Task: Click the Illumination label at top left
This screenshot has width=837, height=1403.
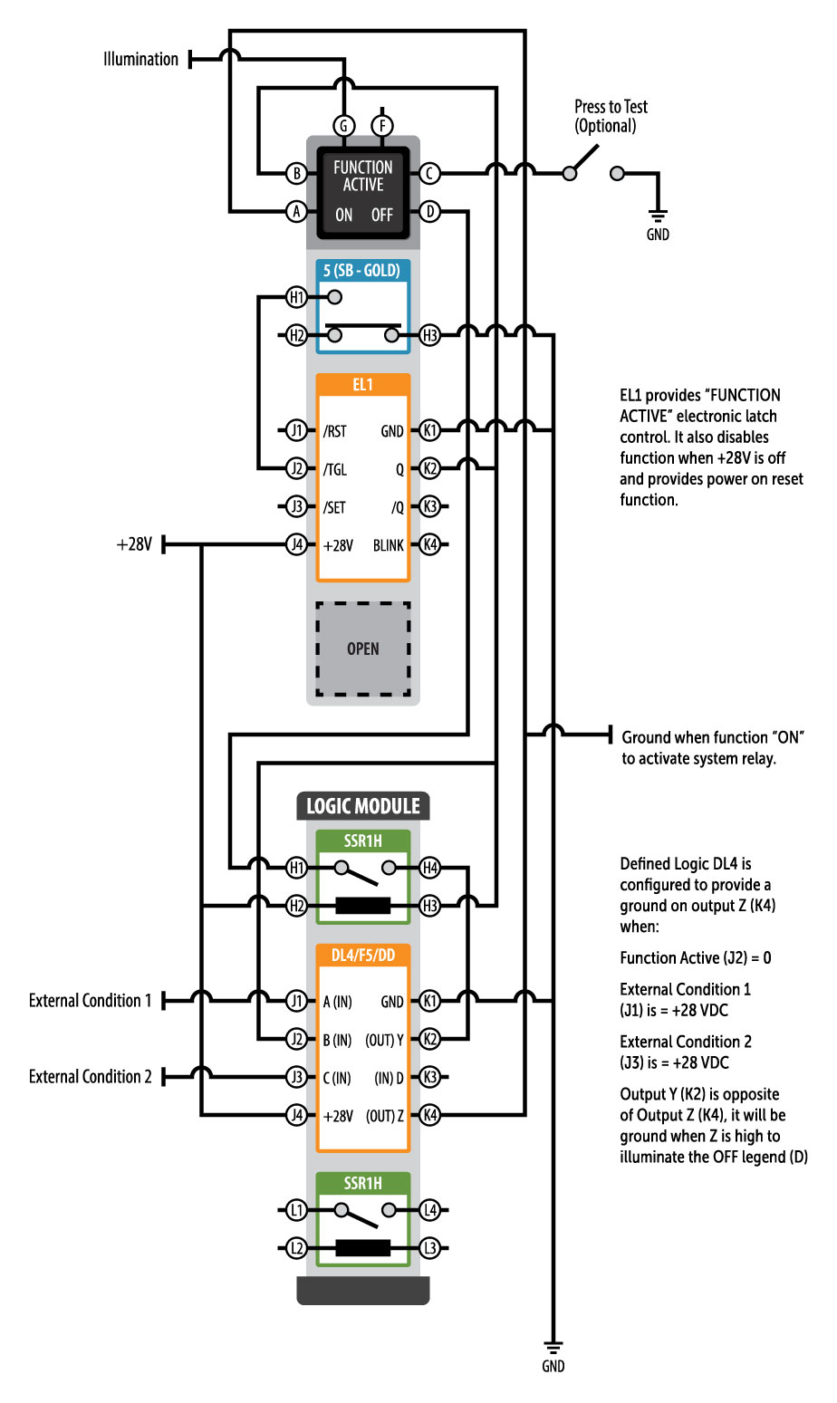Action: [x=140, y=60]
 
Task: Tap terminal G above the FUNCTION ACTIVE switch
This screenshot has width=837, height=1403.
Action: [x=344, y=126]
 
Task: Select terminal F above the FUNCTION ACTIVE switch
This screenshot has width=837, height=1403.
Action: [x=382, y=126]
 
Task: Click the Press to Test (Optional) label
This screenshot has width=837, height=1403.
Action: [x=611, y=117]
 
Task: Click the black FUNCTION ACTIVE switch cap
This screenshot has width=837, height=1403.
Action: [x=363, y=191]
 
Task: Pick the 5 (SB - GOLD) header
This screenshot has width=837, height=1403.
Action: [x=362, y=270]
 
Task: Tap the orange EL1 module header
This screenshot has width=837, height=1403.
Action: [x=362, y=385]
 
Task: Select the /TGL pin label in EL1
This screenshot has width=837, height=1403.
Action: [x=335, y=469]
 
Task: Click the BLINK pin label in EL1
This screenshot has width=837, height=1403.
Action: [x=388, y=545]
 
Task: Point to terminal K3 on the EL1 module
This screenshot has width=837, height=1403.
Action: [x=429, y=507]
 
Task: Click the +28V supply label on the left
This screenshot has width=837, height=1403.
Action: [x=134, y=545]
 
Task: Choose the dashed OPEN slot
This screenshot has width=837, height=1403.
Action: [x=362, y=649]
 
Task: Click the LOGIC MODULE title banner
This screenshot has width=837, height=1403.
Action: [x=362, y=806]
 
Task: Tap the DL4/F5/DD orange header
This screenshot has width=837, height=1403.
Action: [x=362, y=955]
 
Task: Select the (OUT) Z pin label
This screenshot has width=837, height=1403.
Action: [x=385, y=1116]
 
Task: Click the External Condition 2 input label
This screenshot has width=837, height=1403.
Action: [x=91, y=1077]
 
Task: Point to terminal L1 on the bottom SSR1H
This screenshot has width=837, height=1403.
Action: [x=296, y=1210]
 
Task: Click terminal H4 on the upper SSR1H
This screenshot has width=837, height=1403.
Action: [x=429, y=868]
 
